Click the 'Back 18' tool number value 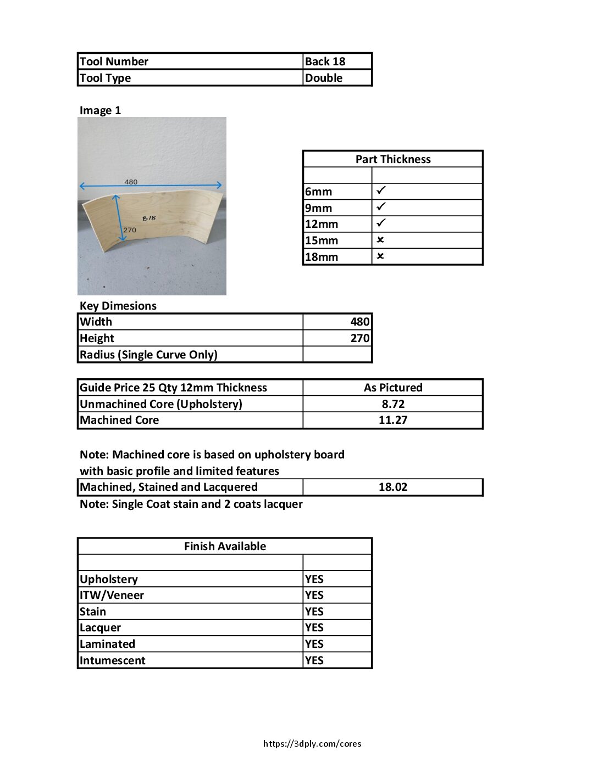pos(325,61)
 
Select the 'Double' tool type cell pos(324,78)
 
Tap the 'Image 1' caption pos(100,110)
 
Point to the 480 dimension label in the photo pos(131,182)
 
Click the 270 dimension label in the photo pos(130,230)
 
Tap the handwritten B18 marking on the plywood pos(149,218)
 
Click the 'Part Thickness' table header pos(392,159)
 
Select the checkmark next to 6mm pos(381,191)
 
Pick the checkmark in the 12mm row pos(381,223)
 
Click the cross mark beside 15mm pos(380,240)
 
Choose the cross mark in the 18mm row pos(380,256)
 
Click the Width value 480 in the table pos(360,322)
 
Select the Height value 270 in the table pos(360,338)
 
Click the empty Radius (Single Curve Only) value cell pos(337,355)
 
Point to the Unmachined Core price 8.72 pos(392,404)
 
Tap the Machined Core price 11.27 pos(392,420)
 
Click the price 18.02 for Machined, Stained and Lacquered pos(392,487)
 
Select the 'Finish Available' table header pos(225,546)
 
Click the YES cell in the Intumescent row pos(314,660)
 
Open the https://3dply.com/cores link pos(312,744)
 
